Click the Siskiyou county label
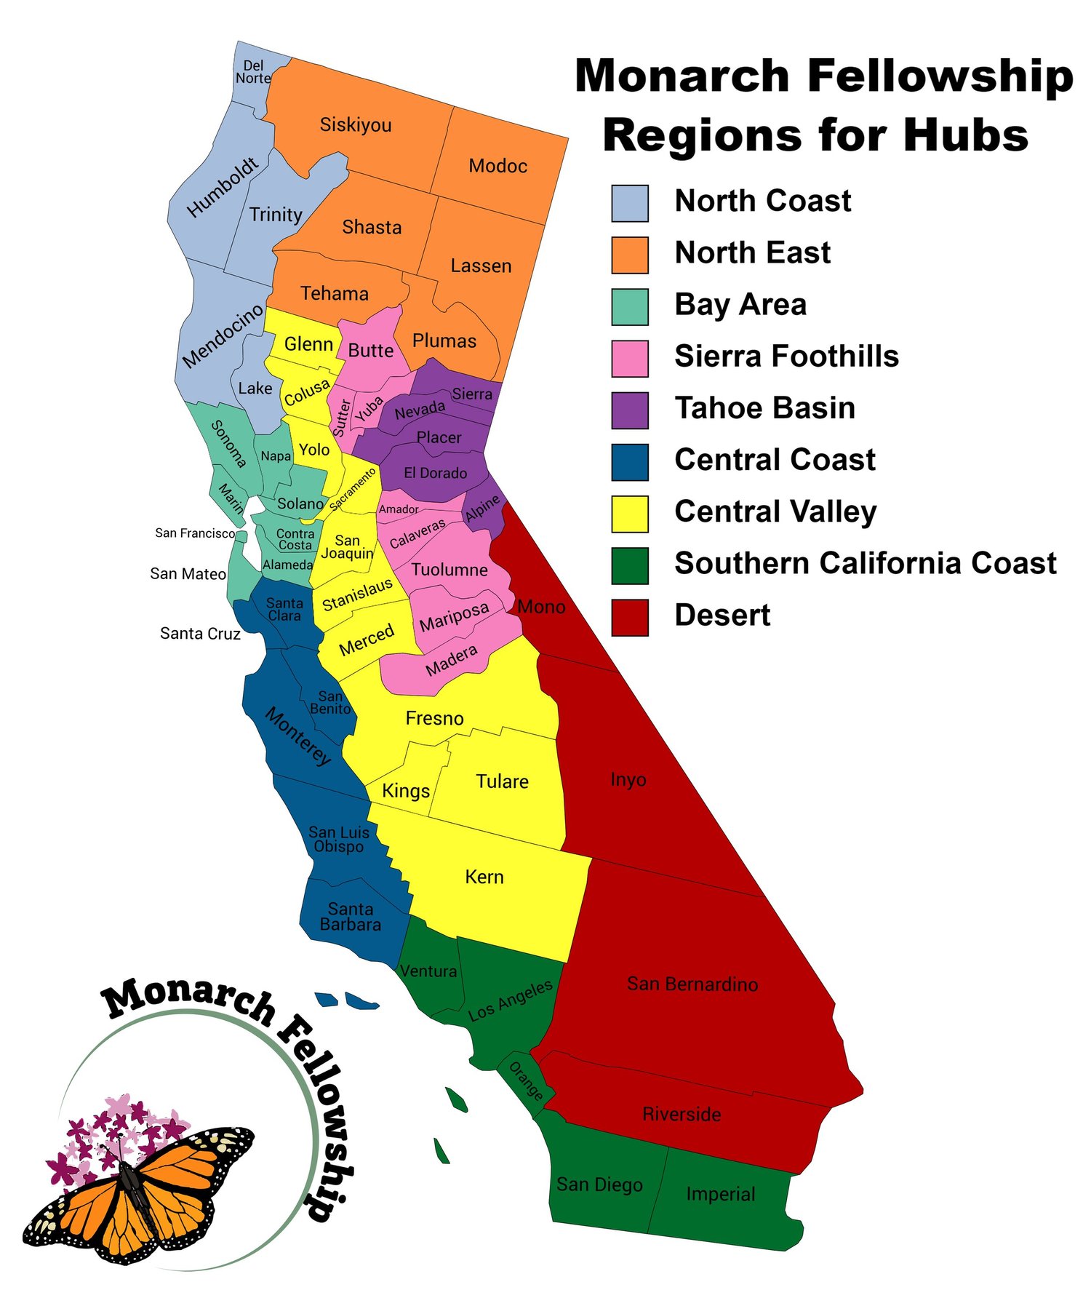(x=356, y=125)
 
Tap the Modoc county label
(x=497, y=166)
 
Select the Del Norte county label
(x=253, y=72)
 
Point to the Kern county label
(x=484, y=877)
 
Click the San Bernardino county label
(x=692, y=984)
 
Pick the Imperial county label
(x=720, y=1194)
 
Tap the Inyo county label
(x=628, y=780)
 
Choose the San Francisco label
(x=195, y=533)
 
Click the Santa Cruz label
(x=200, y=634)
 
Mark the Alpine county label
(x=483, y=509)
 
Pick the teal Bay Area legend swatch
(x=629, y=306)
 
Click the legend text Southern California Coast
(x=865, y=564)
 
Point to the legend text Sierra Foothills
(x=786, y=357)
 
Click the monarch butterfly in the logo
(x=138, y=1193)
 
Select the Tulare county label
(x=502, y=781)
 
